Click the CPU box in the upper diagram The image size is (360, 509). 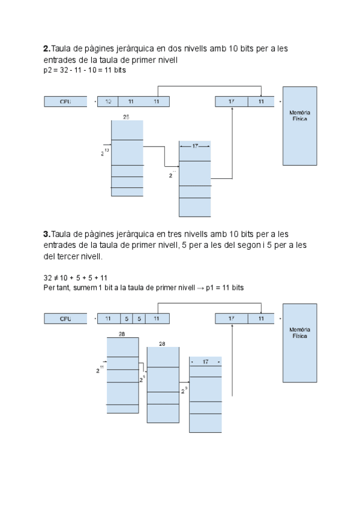click(65, 101)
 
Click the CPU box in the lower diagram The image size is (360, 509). click(65, 319)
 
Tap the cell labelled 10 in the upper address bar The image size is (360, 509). click(108, 101)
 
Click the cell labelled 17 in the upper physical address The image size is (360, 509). click(232, 101)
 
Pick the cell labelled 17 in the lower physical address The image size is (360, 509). click(232, 319)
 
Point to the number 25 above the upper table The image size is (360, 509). click(126, 117)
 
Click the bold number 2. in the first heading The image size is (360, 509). click(47, 48)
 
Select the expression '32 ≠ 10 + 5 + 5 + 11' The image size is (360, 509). click(76, 278)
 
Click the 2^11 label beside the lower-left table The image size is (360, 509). click(101, 369)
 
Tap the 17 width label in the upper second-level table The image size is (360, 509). click(195, 146)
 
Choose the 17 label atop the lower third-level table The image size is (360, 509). click(205, 362)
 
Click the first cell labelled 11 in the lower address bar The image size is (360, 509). click(109, 319)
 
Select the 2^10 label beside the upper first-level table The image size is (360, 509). click(104, 152)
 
